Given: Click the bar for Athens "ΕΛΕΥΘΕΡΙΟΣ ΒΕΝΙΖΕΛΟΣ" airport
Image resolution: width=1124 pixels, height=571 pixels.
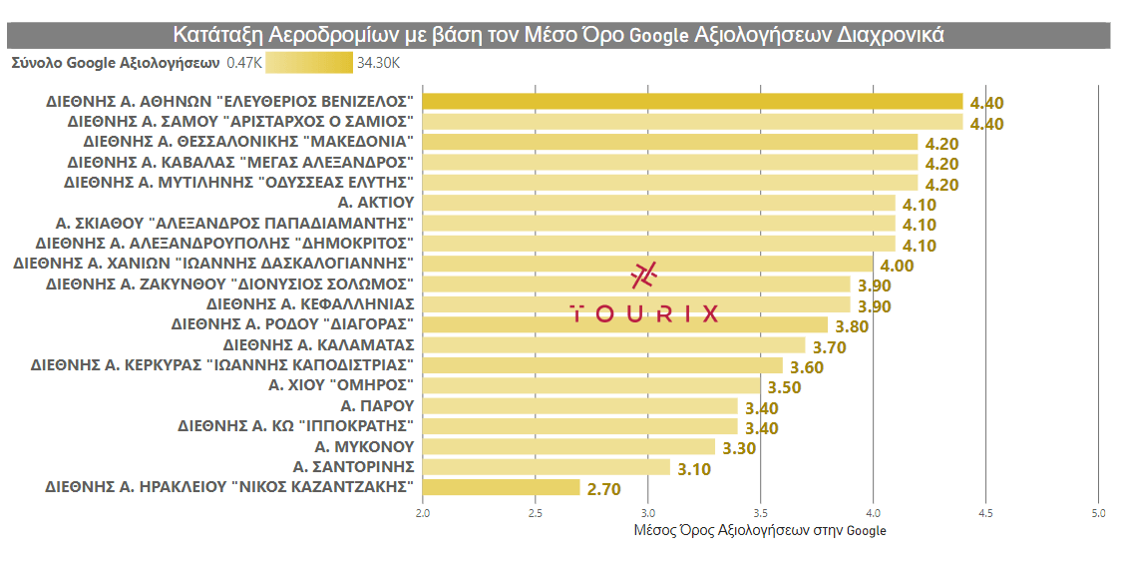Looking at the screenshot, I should point(692,102).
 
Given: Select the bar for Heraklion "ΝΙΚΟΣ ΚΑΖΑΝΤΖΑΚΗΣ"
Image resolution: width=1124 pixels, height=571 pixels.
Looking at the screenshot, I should point(501,487).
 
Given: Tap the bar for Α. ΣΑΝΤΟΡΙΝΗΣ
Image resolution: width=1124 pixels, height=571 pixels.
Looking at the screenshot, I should point(547,467).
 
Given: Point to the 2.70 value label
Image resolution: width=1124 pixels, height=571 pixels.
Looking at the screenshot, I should point(604,489).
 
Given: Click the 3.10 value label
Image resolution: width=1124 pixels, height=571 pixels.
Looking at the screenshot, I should point(694,468).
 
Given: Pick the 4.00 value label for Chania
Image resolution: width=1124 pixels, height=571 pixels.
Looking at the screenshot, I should point(897,266).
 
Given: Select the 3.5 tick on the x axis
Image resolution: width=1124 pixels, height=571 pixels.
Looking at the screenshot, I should point(760,513).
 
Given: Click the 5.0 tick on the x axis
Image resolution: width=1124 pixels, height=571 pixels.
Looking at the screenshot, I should point(1098,513).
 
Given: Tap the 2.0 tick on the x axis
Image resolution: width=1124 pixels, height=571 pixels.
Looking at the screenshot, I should point(423,513).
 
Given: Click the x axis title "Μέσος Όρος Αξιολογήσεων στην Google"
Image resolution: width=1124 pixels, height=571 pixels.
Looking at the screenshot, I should point(760,530).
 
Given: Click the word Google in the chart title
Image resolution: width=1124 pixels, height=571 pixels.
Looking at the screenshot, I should point(659,36).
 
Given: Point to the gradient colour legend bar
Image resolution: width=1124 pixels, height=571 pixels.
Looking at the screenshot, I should point(309,63).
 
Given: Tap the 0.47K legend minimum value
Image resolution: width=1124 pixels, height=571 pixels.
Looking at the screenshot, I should point(244,63).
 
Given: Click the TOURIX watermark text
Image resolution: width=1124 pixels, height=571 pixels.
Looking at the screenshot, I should point(644,313).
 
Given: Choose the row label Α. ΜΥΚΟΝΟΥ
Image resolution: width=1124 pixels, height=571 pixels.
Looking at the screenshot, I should point(364,446).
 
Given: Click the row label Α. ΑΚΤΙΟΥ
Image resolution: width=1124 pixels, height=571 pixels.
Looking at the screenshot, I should point(376,204).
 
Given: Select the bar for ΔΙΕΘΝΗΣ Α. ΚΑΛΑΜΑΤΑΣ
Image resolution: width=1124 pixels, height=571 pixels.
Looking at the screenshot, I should point(613,345).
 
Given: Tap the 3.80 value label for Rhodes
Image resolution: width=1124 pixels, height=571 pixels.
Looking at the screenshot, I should point(852,326).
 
